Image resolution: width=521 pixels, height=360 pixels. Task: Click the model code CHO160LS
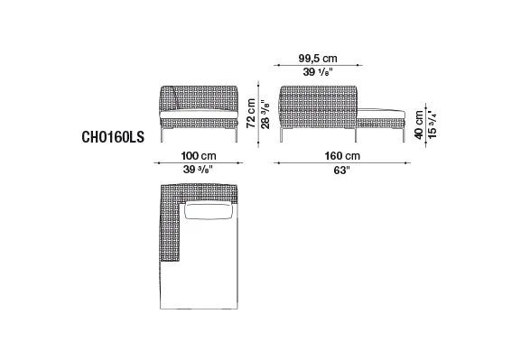coord(113,137)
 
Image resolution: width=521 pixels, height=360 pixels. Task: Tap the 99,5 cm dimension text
coord(318,59)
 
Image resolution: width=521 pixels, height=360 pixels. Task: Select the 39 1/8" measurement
coord(318,72)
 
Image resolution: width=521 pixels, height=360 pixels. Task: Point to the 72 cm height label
coord(251,113)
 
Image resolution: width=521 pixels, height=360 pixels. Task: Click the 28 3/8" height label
coord(265,115)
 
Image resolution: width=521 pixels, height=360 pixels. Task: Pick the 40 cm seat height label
coord(419,125)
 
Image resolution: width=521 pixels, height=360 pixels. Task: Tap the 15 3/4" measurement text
coord(432,125)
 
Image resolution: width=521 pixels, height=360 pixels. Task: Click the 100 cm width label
coord(199,156)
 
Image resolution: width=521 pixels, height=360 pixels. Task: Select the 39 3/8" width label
coord(198,170)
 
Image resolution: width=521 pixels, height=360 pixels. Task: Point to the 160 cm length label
coord(342,156)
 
